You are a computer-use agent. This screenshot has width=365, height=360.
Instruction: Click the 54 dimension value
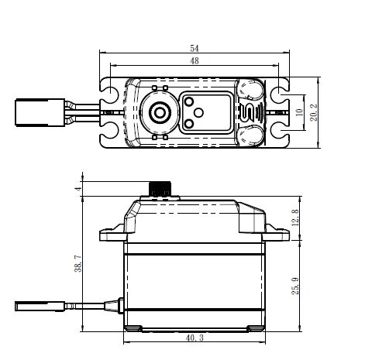coord(195,48)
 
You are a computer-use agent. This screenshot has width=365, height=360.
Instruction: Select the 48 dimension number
coord(195,61)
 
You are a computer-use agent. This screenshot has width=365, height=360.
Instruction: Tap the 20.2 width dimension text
coord(314,112)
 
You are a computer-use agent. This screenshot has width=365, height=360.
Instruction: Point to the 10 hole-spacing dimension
coord(299,112)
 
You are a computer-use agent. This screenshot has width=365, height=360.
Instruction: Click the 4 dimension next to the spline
coord(78,189)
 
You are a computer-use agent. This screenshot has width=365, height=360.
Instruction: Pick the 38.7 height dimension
coord(78,263)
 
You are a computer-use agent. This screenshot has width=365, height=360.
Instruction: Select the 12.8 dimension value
coord(295,218)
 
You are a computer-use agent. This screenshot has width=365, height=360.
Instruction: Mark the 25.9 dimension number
coord(295,286)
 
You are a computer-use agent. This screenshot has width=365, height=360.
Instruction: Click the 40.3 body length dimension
coord(195,338)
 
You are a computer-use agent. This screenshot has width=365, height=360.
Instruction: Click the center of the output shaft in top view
coord(160,112)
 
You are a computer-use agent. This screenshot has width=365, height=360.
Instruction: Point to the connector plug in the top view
coord(40,112)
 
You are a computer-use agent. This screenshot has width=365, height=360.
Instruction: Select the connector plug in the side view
coord(40,307)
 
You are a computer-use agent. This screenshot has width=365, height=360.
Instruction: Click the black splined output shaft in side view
coord(160,189)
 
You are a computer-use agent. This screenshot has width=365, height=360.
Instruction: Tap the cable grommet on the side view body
coord(120,306)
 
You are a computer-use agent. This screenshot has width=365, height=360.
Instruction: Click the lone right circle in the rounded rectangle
coord(198,112)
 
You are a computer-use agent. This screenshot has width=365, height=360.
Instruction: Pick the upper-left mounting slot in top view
coord(109,91)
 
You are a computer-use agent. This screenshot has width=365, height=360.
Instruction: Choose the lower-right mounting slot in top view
coord(280,134)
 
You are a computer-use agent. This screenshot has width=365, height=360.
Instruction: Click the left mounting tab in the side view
coord(112,234)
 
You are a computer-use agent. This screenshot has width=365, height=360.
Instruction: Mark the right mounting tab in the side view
coord(277,234)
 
